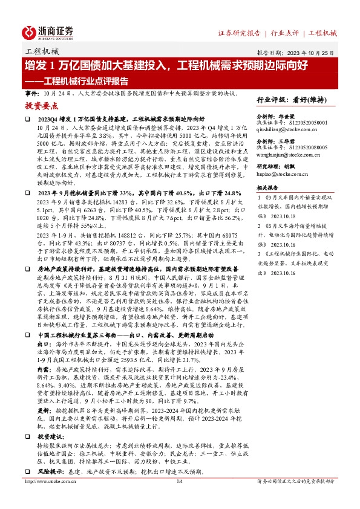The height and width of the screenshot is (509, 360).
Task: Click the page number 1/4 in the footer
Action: point(179,498)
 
